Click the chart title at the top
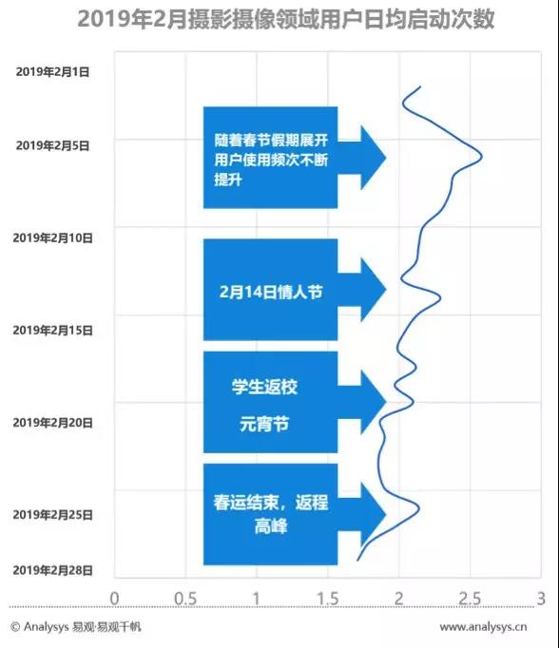[286, 19]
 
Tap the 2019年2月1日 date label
[52, 72]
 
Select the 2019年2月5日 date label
[52, 145]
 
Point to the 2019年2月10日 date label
[52, 238]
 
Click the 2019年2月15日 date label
[52, 331]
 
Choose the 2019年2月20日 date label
[52, 423]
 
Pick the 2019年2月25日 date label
[52, 515]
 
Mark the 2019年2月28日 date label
[52, 570]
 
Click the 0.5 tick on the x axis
[185, 599]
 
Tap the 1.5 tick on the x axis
[328, 599]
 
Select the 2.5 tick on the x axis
[470, 599]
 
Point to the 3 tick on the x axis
[541, 599]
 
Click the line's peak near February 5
[482, 157]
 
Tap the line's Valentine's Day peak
[440, 297]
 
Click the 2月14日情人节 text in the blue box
[271, 292]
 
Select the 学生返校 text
[264, 387]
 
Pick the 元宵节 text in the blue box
[264, 425]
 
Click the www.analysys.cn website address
[483, 627]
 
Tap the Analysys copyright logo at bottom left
[76, 627]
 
